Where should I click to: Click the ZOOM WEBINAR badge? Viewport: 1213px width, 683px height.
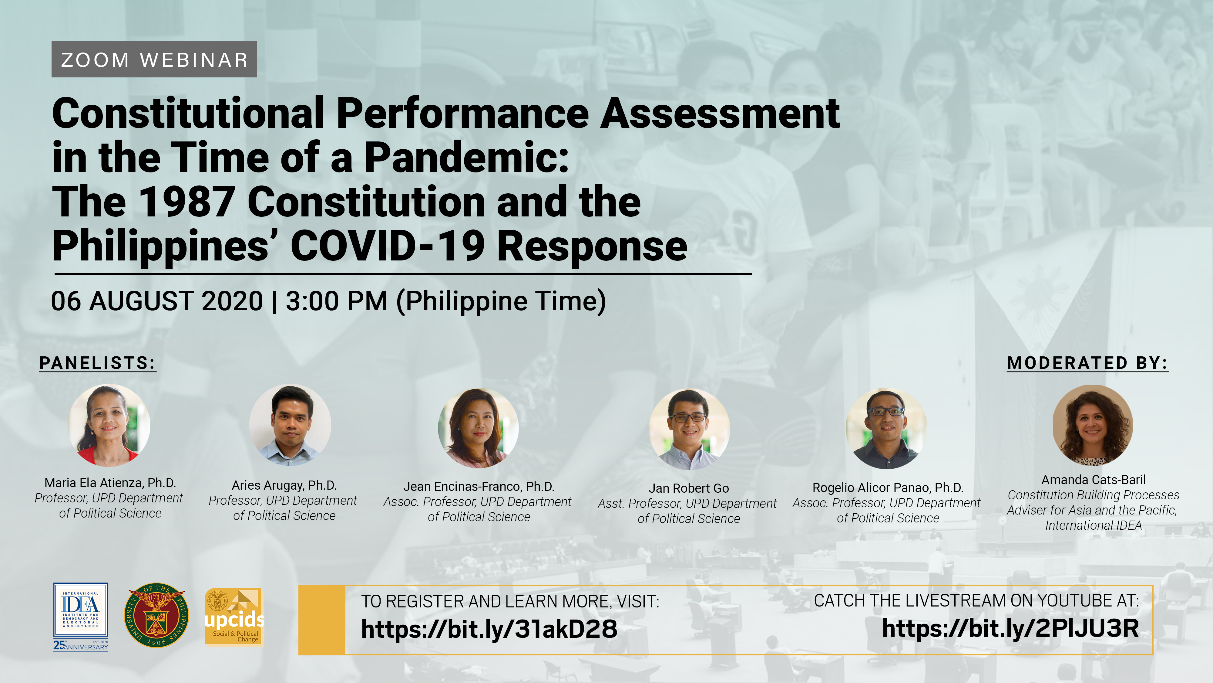coord(154,59)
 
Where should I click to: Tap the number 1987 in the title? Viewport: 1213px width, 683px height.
coord(187,202)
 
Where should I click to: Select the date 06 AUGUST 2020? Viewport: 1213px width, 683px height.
coord(157,301)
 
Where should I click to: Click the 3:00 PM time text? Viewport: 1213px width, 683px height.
coord(337,301)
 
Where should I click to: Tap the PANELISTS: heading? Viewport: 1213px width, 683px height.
coord(97,363)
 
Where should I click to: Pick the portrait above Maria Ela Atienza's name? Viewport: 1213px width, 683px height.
coord(109,425)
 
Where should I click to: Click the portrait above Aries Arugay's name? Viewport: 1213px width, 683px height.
coord(290,425)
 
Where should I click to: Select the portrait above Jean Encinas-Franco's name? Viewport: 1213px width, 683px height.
coord(479,428)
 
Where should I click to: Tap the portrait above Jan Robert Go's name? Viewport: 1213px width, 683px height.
coord(689,429)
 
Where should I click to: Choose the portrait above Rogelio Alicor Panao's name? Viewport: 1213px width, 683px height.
coord(886,428)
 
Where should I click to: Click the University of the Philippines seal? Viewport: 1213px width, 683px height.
coord(157,615)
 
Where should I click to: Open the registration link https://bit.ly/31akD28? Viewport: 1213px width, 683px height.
coord(489,629)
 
